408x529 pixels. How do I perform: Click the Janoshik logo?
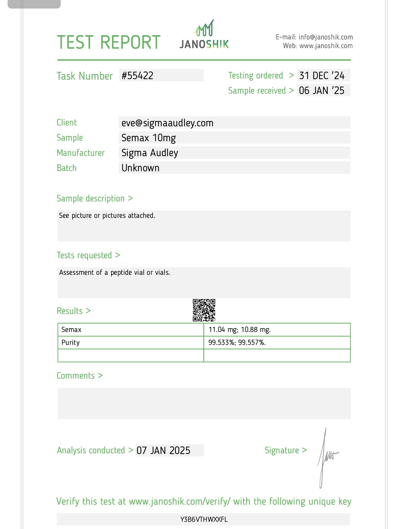(204, 35)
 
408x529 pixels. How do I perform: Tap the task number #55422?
(138, 76)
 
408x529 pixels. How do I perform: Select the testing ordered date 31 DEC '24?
(322, 76)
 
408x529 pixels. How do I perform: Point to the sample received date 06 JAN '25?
(322, 90)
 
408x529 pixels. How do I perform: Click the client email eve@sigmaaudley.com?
(167, 123)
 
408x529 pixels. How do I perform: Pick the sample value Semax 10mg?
(148, 138)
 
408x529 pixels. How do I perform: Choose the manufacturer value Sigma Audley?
(150, 153)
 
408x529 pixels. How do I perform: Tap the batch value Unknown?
(140, 168)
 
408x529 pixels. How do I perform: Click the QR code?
(204, 310)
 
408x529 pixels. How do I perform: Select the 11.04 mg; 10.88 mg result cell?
(239, 330)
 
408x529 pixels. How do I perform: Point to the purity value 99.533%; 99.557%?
(237, 343)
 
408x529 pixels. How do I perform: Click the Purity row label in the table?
(71, 343)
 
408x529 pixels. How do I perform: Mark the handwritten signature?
(326, 457)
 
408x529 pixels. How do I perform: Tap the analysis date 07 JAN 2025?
(163, 451)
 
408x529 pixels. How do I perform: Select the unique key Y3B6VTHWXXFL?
(204, 520)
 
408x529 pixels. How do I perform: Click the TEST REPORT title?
(108, 42)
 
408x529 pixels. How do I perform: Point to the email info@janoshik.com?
(325, 37)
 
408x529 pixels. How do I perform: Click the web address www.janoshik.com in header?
(326, 46)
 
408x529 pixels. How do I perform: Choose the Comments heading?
(76, 376)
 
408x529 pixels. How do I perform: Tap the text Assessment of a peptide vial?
(114, 273)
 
